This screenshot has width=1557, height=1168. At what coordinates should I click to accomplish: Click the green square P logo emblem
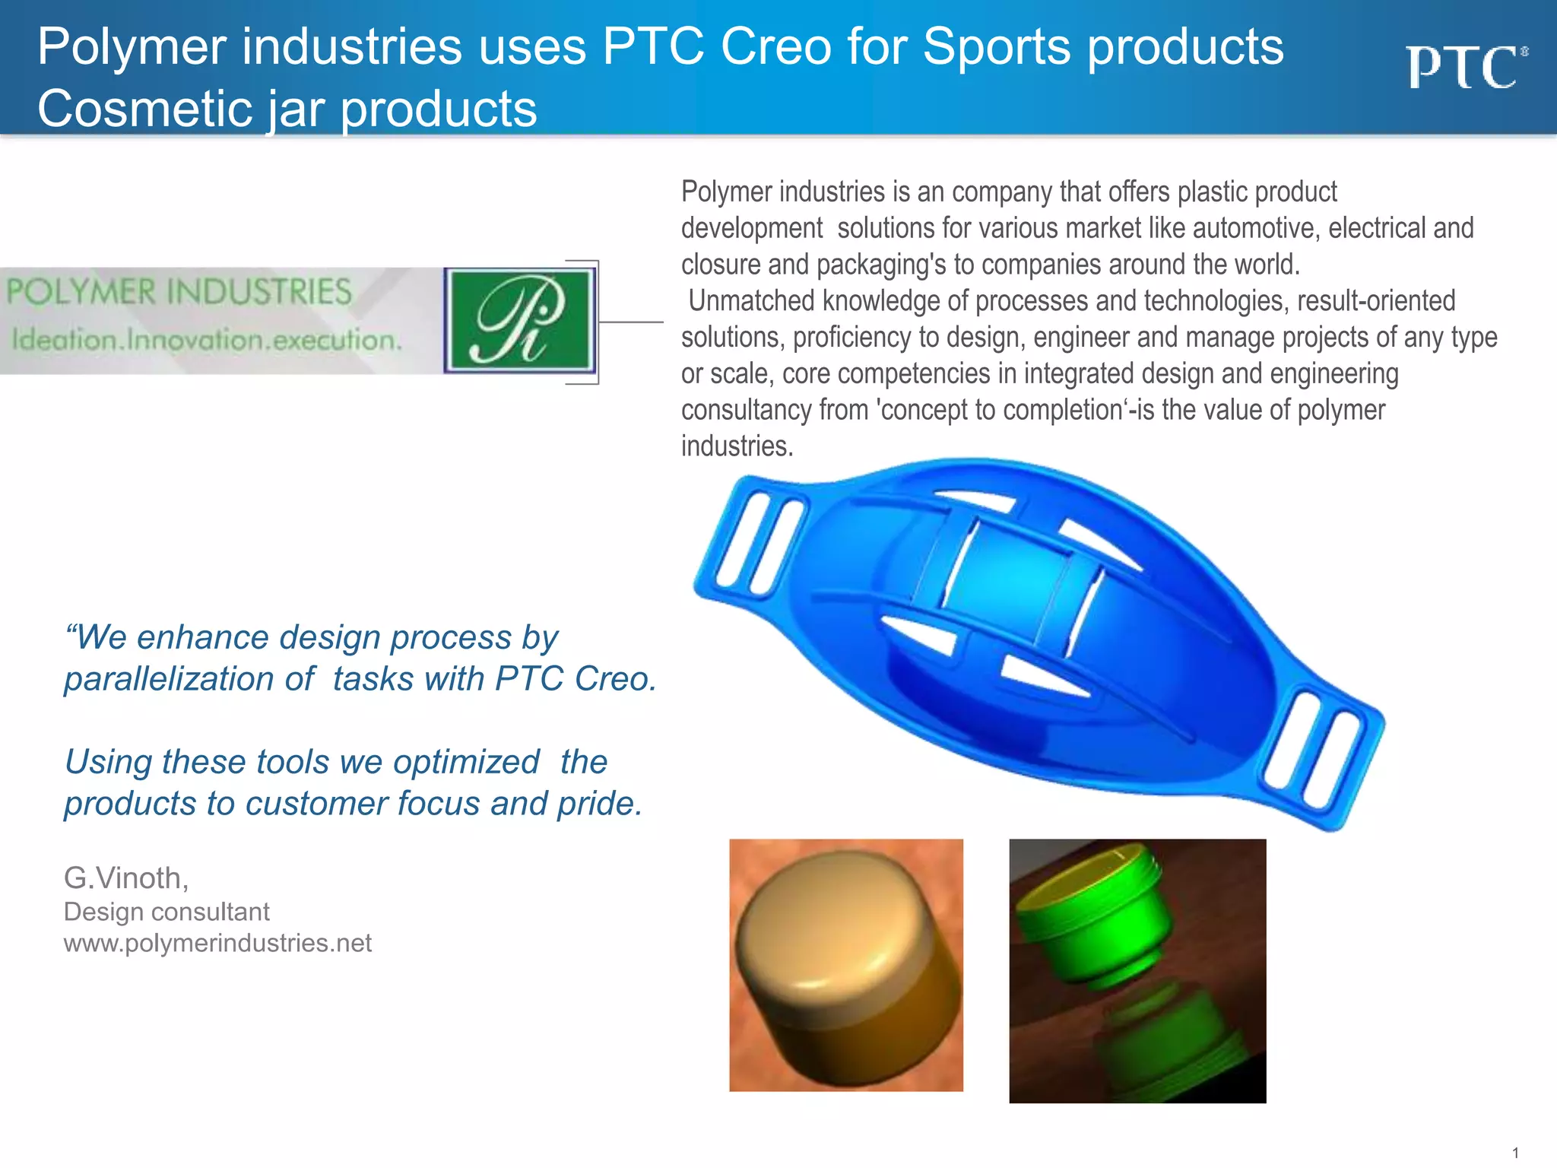(519, 320)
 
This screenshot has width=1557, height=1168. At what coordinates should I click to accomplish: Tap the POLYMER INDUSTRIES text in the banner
(179, 292)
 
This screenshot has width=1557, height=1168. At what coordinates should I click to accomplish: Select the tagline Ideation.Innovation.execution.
(206, 340)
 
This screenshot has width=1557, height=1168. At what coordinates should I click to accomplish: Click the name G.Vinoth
(126, 878)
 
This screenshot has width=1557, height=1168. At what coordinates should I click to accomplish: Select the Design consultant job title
(166, 912)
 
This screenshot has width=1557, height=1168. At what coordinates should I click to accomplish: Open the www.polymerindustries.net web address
(217, 944)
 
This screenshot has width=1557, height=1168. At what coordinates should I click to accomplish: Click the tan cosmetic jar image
(846, 965)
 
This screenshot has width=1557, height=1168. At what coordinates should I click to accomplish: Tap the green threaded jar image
(1137, 970)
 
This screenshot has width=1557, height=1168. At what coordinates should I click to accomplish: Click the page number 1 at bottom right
(1515, 1153)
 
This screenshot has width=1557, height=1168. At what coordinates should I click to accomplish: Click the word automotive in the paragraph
(1257, 228)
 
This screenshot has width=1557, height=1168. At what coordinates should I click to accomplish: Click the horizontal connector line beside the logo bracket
(631, 322)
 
